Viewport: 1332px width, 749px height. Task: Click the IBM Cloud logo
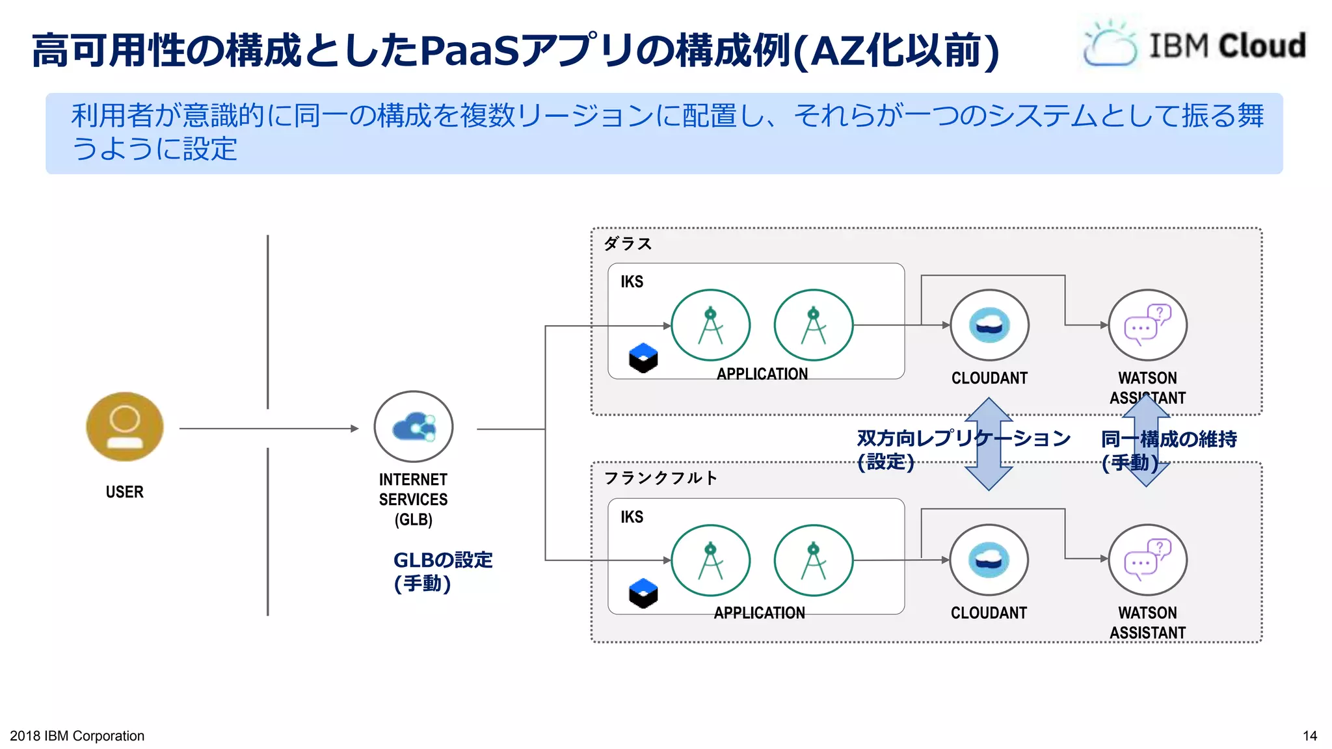click(x=1193, y=45)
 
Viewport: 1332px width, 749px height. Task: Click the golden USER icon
click(x=125, y=427)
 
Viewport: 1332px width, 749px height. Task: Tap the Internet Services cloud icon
click(x=414, y=427)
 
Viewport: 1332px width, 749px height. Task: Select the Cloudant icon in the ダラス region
click(x=989, y=325)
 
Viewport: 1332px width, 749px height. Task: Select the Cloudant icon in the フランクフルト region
click(x=989, y=560)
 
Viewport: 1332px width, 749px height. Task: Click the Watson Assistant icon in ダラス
click(x=1147, y=325)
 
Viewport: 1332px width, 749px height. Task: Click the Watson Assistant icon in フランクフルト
click(x=1147, y=560)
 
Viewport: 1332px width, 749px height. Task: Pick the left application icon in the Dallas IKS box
click(x=710, y=325)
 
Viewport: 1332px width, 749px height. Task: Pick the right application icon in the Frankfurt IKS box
click(x=813, y=560)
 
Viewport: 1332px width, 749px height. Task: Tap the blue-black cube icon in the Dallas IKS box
click(x=643, y=358)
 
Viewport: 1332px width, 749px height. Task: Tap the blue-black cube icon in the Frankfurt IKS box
click(x=643, y=593)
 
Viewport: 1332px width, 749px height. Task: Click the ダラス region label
click(x=628, y=244)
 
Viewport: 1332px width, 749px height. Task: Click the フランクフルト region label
click(x=660, y=479)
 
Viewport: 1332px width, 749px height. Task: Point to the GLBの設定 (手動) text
click(x=442, y=571)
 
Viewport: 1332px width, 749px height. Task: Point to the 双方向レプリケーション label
click(x=963, y=439)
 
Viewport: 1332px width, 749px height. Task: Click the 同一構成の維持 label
click(x=1169, y=440)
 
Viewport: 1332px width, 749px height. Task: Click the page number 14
click(x=1309, y=736)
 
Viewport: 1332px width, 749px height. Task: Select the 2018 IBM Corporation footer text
click(x=77, y=736)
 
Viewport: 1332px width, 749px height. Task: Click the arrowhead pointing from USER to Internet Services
click(x=354, y=428)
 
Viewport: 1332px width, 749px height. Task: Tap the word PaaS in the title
click(x=470, y=51)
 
